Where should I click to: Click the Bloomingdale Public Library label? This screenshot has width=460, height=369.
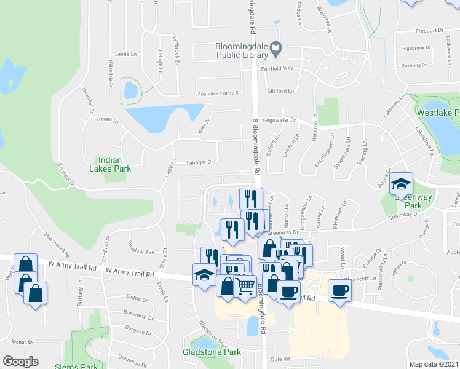coord(239,49)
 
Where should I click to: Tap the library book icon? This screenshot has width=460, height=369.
coord(277,46)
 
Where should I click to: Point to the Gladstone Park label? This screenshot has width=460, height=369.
coord(212,352)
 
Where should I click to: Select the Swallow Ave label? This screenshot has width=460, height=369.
coord(141,252)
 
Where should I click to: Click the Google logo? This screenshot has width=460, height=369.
coord(20,362)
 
